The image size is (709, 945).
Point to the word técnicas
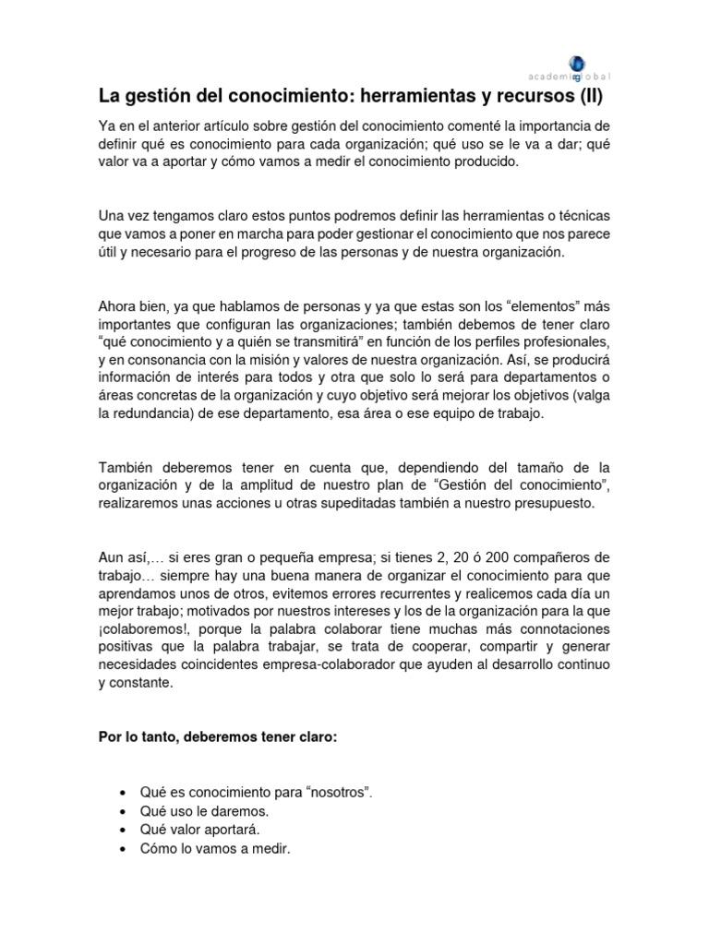(577, 215)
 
